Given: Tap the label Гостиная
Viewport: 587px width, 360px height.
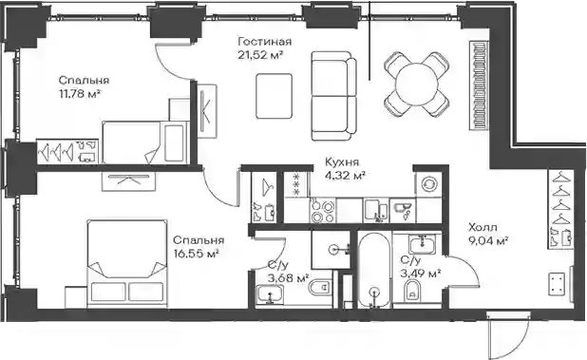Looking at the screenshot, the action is [264, 41].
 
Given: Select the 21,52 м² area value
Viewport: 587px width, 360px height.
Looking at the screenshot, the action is [260, 55].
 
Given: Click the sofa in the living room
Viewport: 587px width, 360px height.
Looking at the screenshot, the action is [334, 96].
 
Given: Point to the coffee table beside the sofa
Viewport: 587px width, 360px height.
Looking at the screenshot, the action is [275, 95].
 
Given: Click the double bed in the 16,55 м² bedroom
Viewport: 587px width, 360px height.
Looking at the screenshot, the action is [127, 264].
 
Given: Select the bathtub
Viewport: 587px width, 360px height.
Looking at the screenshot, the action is [374, 270].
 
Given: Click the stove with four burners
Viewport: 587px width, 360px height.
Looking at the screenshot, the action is [323, 211].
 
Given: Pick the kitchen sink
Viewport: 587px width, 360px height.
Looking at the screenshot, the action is [376, 211].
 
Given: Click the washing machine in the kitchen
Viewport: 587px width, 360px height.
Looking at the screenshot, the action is [428, 184].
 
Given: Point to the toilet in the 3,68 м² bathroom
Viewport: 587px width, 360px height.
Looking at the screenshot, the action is [319, 288].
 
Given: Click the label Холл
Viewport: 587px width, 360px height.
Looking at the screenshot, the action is [483, 227].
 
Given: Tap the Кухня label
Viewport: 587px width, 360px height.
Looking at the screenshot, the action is [342, 162].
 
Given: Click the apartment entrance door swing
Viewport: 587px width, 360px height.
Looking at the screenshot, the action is [510, 335].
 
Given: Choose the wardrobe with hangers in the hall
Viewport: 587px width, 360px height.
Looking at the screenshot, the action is [560, 209].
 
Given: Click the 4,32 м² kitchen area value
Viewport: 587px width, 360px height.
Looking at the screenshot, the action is [345, 176].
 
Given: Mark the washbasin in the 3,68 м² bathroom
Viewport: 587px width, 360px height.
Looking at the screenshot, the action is [270, 294].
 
